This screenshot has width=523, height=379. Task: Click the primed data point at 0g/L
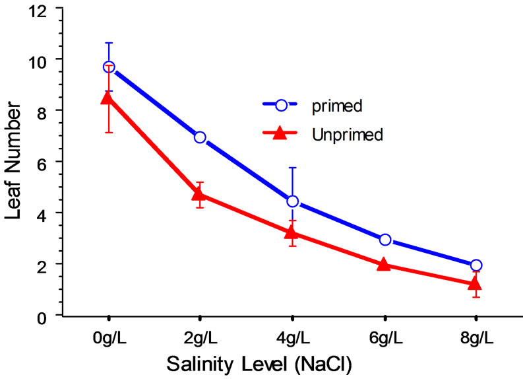pos(109,67)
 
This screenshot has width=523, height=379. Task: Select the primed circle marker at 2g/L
pos(200,137)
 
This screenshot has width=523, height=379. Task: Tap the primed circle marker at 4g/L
pos(292,201)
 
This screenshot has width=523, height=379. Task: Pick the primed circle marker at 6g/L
pos(385,240)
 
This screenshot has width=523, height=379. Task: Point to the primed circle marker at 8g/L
pos(476,265)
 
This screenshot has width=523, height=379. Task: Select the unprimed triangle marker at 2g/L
pos(200,194)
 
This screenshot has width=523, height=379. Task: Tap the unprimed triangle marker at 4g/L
pos(292,232)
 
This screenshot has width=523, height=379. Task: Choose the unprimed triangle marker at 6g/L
pos(385,265)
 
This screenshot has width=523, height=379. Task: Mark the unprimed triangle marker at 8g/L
pos(476,284)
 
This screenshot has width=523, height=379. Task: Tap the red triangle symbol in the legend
pos(280,134)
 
